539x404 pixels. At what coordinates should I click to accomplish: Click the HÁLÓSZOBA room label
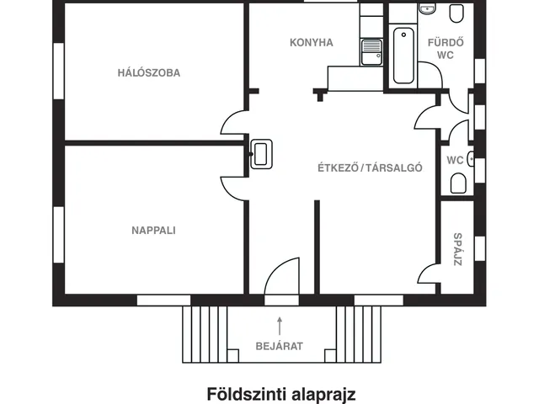tap(148, 72)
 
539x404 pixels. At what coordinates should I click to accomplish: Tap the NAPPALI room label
tap(153, 230)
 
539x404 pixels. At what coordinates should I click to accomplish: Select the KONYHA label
tap(312, 42)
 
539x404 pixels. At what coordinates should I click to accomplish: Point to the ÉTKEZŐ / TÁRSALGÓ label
tap(370, 167)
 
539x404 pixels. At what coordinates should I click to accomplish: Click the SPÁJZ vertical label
tap(457, 249)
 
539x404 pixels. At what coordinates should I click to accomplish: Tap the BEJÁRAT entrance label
tap(279, 345)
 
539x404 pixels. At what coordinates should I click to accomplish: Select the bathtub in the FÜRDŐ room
tap(403, 56)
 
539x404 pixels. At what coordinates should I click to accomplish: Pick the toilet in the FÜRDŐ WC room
tap(456, 13)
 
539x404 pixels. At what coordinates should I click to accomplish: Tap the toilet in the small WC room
tap(458, 183)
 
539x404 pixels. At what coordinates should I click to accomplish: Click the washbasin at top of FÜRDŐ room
tap(426, 9)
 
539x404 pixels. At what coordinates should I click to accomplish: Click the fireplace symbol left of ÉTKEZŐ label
tap(262, 153)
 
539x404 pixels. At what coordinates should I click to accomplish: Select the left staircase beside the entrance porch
tap(200, 334)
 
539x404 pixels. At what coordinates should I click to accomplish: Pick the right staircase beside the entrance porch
tap(356, 334)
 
